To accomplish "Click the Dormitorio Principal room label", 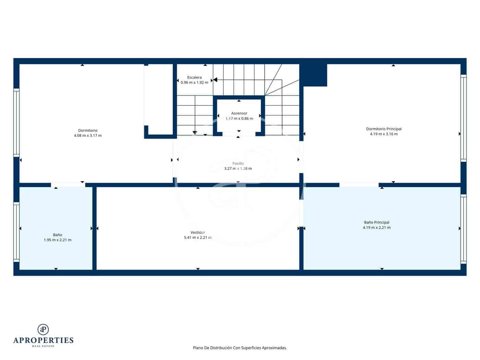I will click(384, 129).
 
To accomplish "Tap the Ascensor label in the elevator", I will click(239, 113).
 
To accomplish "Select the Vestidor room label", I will click(198, 232).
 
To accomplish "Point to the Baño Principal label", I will click(376, 222).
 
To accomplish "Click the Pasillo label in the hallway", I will click(238, 164).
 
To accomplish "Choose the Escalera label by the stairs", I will click(194, 77).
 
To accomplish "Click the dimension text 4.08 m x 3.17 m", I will click(88, 135).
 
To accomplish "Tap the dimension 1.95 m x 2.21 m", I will click(58, 240).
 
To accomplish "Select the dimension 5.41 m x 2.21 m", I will click(198, 238).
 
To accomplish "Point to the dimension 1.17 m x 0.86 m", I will click(239, 119).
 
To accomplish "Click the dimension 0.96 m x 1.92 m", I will click(194, 83).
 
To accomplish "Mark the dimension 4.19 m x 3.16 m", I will click(384, 134).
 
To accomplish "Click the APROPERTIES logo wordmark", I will click(43, 340).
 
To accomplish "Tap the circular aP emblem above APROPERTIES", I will click(43, 329).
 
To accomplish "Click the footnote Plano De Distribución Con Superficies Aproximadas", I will click(240, 348).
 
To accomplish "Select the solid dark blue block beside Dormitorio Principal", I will click(314, 75).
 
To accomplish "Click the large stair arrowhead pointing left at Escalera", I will click(215, 80).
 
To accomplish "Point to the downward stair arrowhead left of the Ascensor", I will click(195, 132).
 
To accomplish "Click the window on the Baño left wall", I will click(16, 232).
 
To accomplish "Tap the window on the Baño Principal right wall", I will click(464, 228).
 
